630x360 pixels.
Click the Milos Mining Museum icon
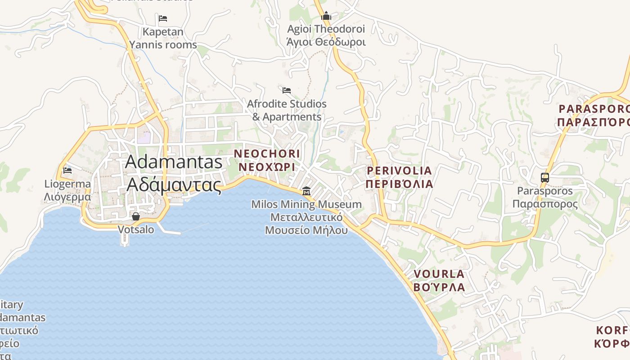click(x=306, y=191)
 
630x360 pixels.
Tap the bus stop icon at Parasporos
click(x=544, y=177)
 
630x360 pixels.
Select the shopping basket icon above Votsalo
click(x=136, y=216)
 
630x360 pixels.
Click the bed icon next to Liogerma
click(x=67, y=170)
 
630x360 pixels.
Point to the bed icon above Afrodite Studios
click(x=287, y=90)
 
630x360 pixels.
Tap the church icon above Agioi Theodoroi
click(x=326, y=16)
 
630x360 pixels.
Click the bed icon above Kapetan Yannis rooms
click(x=163, y=18)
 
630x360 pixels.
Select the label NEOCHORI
click(x=267, y=154)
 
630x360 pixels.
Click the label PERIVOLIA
click(x=399, y=171)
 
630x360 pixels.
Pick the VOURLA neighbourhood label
click(x=439, y=274)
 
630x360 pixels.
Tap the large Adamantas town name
click(x=174, y=162)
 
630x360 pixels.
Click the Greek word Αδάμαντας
click(x=174, y=185)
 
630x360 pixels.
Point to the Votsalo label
click(x=136, y=229)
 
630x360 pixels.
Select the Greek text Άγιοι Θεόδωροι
click(x=326, y=42)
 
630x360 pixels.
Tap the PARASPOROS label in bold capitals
click(x=594, y=109)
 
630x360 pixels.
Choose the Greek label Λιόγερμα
click(x=67, y=197)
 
